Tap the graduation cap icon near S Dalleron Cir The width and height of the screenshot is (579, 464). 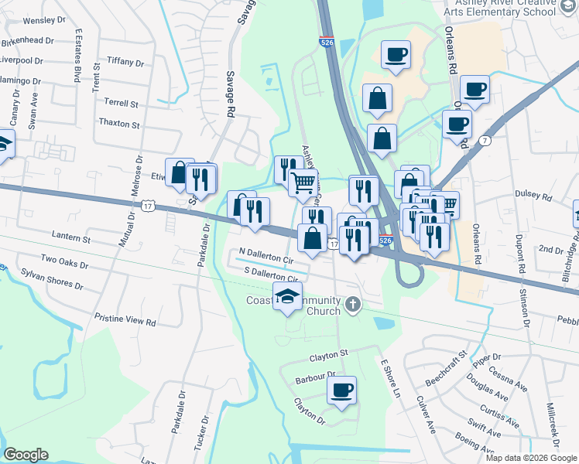pos(287,296)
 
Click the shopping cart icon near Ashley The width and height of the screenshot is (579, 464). pos(303,183)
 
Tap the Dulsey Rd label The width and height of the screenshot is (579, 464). pos(535,198)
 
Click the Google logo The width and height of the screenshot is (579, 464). pos(26,455)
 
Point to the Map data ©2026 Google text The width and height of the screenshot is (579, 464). pos(531,458)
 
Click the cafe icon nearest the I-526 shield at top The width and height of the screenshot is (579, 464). pos(396,55)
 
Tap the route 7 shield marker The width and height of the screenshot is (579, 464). pos(485,141)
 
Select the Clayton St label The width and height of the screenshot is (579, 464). pos(324,355)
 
